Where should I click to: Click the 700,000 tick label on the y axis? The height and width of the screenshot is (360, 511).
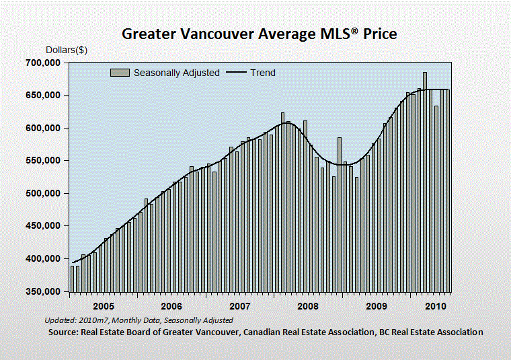pos(43,63)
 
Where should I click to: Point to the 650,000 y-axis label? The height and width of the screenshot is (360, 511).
pos(43,96)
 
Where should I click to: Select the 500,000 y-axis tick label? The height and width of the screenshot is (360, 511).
pos(43,193)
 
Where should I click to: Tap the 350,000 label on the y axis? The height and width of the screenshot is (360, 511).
pos(43,291)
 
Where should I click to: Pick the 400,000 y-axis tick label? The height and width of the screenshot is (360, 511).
pos(43,258)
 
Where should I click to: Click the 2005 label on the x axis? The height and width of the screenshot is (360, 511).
pos(104,306)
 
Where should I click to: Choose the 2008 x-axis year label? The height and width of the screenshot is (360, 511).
pos(308,306)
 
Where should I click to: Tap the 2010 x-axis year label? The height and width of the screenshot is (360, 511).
pos(436,306)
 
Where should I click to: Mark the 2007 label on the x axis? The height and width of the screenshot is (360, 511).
pos(240,306)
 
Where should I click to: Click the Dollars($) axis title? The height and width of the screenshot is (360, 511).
pos(67,50)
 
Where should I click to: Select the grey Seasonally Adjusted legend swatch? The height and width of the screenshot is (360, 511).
pos(120,73)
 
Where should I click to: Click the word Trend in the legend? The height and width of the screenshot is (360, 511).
pos(263,73)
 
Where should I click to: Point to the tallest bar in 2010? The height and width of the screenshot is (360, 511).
pos(425,182)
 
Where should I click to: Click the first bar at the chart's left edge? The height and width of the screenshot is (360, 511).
pos(73,279)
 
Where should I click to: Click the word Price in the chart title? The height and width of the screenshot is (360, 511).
pos(380,34)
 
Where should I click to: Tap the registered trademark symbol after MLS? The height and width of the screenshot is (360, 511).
pos(355,30)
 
